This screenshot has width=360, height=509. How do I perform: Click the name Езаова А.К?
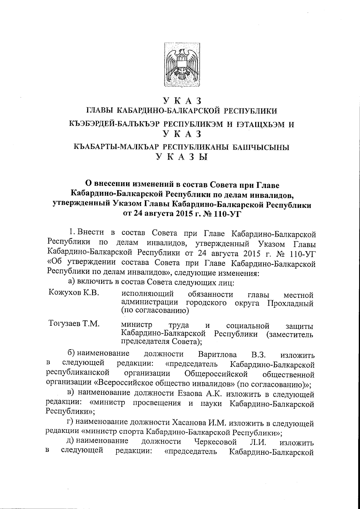point(196,394)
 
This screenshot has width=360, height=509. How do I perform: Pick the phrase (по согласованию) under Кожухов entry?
point(154,311)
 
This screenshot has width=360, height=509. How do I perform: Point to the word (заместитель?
point(290,334)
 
